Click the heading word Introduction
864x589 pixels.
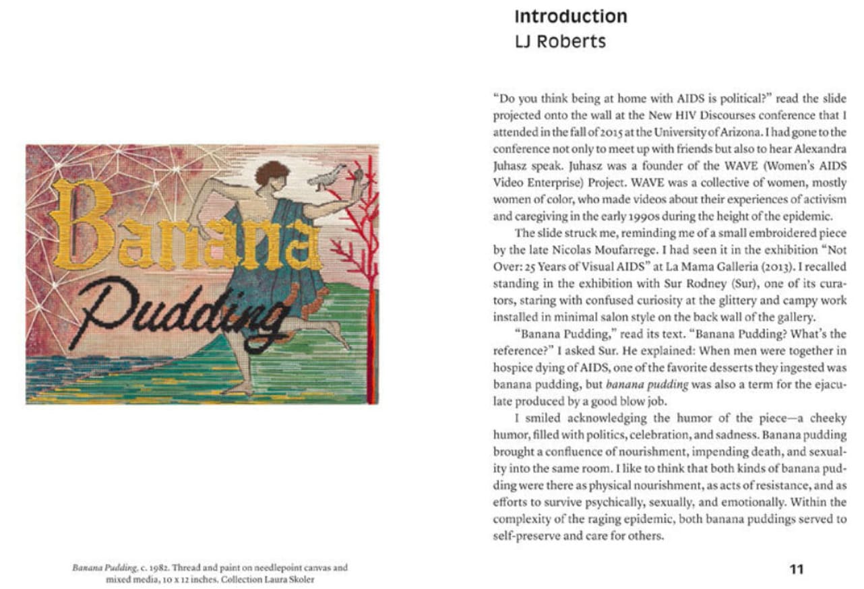pyautogui.click(x=570, y=16)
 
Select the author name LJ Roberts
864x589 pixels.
pyautogui.click(x=559, y=42)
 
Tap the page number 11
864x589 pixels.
pyautogui.click(x=797, y=569)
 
